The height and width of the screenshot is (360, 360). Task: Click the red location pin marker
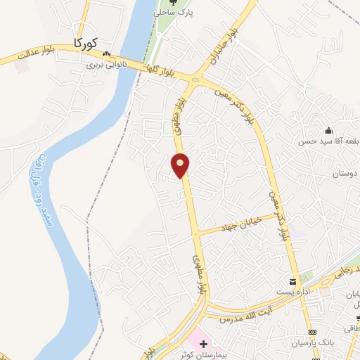point(181,165)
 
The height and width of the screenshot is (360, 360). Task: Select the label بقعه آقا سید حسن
point(333,141)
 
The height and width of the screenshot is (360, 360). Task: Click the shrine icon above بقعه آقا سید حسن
point(328,130)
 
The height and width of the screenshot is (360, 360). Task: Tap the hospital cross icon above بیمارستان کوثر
point(204,345)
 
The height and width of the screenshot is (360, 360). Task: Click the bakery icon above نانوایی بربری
point(106,54)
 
